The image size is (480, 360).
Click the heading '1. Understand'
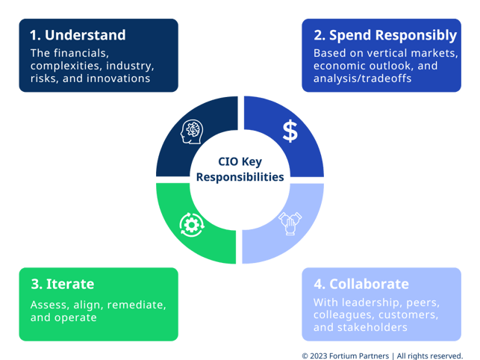click(78, 35)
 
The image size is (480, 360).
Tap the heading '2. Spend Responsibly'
click(385, 35)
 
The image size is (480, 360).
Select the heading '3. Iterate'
click(63, 284)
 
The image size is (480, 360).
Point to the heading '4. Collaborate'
click(361, 284)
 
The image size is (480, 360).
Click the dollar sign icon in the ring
click(290, 131)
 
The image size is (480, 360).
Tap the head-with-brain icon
click(192, 131)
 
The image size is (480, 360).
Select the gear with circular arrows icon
click(191, 223)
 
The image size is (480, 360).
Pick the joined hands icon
click(290, 223)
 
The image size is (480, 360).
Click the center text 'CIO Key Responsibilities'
click(240, 170)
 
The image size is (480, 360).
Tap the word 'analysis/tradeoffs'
click(362, 78)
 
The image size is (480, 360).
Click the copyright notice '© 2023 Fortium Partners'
click(345, 356)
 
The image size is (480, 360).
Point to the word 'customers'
click(404, 315)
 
